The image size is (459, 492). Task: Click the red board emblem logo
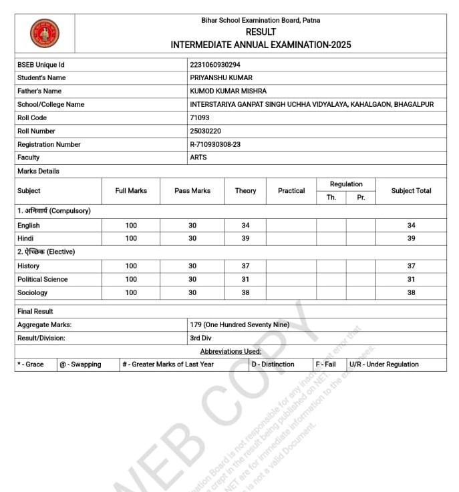pyautogui.click(x=45, y=33)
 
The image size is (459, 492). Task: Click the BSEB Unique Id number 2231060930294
pyautogui.click(x=215, y=65)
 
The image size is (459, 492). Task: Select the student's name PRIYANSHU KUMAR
pyautogui.click(x=221, y=78)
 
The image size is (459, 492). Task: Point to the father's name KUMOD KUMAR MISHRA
pyautogui.click(x=228, y=91)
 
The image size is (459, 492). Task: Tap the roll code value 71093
pyautogui.click(x=200, y=117)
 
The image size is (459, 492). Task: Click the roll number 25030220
pyautogui.click(x=206, y=131)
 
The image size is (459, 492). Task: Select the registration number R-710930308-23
pyautogui.click(x=215, y=144)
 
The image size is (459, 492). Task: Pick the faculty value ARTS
pyautogui.click(x=198, y=158)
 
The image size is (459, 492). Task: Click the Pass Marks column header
pyautogui.click(x=192, y=191)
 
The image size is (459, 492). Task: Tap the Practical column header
pyautogui.click(x=291, y=191)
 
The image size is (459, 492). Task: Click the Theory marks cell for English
pyautogui.click(x=245, y=226)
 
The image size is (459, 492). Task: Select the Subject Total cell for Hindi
pyautogui.click(x=411, y=238)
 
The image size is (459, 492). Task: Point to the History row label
pyautogui.click(x=29, y=266)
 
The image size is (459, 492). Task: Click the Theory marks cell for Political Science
pyautogui.click(x=245, y=279)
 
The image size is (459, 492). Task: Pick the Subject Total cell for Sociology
pyautogui.click(x=411, y=292)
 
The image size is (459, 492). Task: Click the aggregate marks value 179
pyautogui.click(x=239, y=324)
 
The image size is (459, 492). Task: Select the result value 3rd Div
pyautogui.click(x=200, y=338)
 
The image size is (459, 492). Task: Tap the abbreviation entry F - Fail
pyautogui.click(x=326, y=364)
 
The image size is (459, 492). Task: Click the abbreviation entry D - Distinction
pyautogui.click(x=273, y=364)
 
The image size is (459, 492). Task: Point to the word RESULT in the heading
pyautogui.click(x=261, y=32)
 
